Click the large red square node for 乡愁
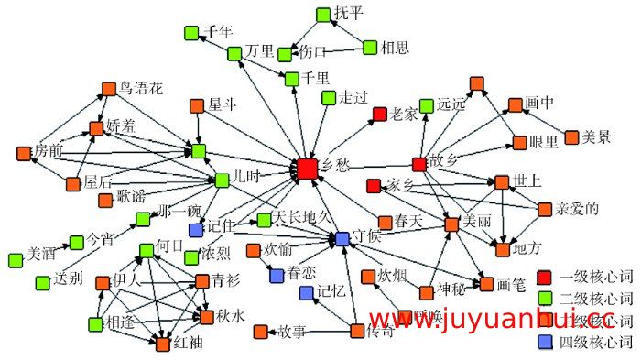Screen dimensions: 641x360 pos(307,169)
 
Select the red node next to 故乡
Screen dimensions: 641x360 pos(419,164)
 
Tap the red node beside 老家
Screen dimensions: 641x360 pos(379,115)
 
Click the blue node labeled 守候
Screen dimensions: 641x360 pos(342,239)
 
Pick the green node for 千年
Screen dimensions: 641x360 pos(190,33)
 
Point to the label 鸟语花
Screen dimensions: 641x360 pos(141,89)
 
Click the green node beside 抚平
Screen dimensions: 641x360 pos(322,15)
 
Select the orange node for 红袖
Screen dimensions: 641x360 pos(163,344)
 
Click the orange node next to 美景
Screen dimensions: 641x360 pos(572,137)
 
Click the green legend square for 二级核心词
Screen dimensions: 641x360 pos(544,299)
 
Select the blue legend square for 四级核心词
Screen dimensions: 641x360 pos(544,343)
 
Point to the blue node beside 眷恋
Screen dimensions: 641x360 pos(277,274)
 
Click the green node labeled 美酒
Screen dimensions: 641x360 pos(16,260)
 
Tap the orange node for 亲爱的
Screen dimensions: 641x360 pos(545,210)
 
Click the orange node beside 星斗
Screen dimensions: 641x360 pos(196,105)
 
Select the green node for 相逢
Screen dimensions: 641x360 pos(95,323)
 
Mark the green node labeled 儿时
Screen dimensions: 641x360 pos(221,180)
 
